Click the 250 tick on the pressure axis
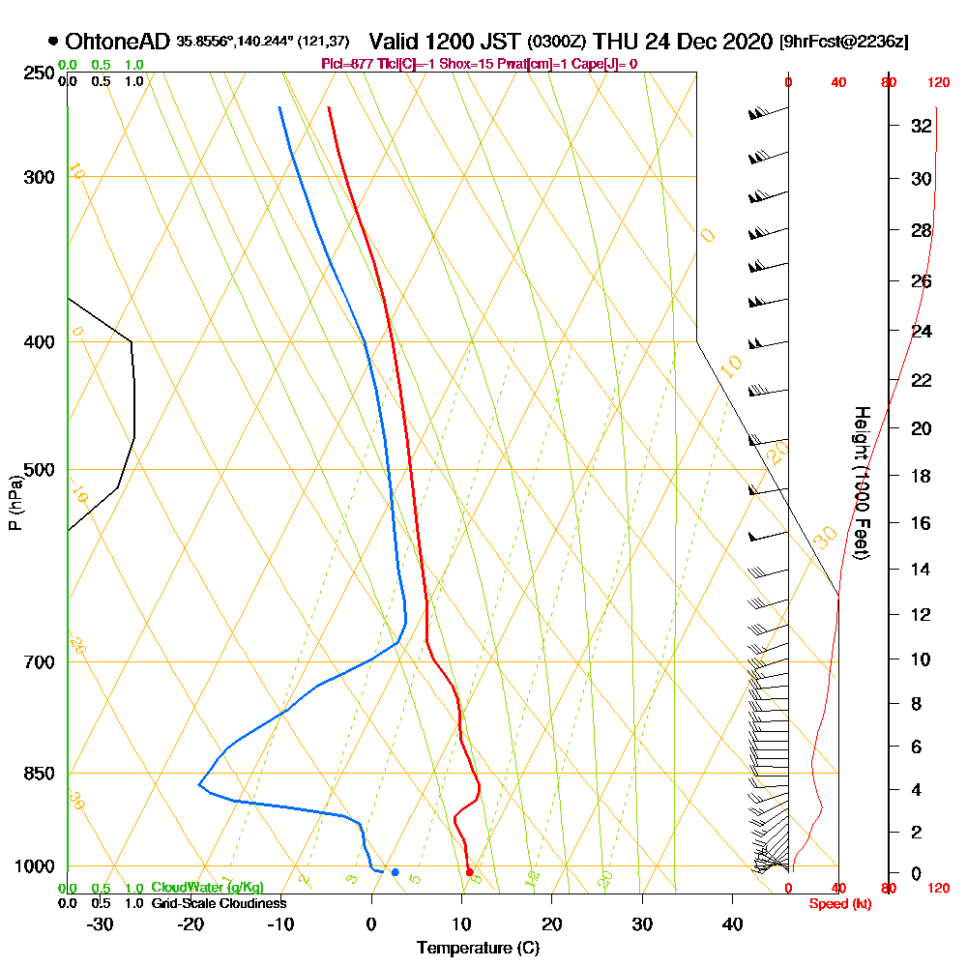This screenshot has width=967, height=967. coord(35,73)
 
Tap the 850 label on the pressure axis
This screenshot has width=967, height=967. coord(35,773)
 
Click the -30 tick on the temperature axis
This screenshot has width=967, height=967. coord(101,924)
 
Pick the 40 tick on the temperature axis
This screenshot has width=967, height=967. coord(733,924)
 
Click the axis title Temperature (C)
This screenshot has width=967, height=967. coord(478,949)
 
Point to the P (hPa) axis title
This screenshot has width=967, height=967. coord(15,502)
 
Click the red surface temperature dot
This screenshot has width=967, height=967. coord(469,872)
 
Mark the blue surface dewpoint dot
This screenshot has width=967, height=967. coord(395,872)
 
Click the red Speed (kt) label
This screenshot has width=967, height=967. coord(836,904)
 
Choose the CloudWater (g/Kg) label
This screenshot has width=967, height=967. coord(207,888)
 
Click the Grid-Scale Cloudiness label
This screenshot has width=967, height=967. coord(218,903)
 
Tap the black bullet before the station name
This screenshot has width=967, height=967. coord(53,42)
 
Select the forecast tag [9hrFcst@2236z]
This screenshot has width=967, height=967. coord(843,42)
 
